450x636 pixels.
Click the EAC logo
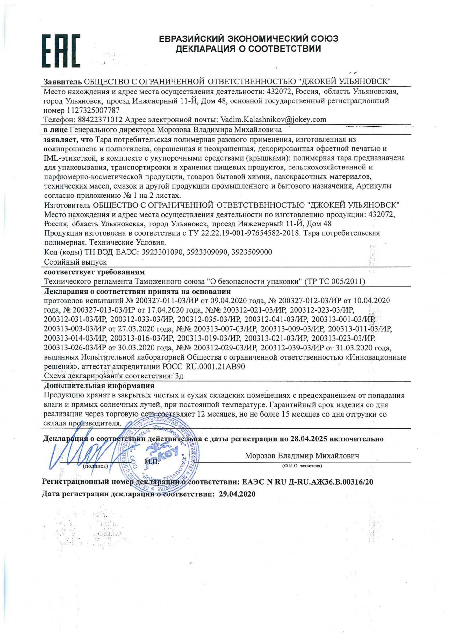click(61, 51)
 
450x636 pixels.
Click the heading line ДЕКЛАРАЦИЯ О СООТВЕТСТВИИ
click(248, 49)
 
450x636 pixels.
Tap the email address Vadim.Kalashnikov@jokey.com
click(273, 120)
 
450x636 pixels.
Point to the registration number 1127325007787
click(93, 110)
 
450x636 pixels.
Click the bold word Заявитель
click(62, 81)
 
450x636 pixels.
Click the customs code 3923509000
click(252, 252)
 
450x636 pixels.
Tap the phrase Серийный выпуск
click(75, 262)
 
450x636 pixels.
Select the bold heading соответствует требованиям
click(94, 272)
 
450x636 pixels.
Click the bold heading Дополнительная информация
click(99, 386)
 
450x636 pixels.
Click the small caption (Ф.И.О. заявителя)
click(302, 466)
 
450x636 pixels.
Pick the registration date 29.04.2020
click(237, 494)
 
